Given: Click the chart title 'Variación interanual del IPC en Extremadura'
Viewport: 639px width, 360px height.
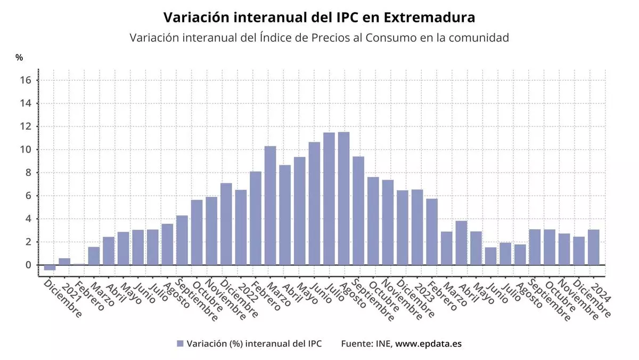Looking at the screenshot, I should pos(319,18).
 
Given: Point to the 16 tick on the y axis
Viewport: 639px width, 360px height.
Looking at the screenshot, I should pos(27,81).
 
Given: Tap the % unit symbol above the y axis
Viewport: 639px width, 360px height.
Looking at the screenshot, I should pos(19,58).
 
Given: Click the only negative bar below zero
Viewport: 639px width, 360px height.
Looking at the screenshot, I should pos(50,268).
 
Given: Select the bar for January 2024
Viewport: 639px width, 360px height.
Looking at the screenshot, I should pos(594,247).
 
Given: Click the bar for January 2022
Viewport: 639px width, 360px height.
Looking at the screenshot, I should pos(241,228).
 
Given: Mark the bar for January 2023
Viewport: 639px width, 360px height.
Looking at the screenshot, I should pos(417,227).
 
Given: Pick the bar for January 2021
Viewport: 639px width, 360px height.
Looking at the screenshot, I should pos(64,262).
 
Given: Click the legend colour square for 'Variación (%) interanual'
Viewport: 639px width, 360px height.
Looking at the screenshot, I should pos(180,343).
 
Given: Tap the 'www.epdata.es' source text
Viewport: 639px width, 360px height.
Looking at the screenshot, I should pos(429,343).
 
